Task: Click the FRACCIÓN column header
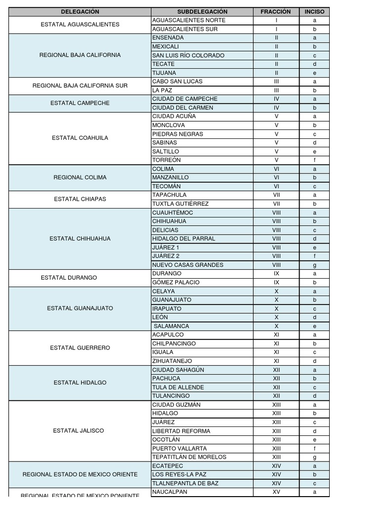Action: [x=276, y=11]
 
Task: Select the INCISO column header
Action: [x=314, y=11]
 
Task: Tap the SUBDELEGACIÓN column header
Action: [x=202, y=11]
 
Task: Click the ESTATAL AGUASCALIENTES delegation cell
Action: [x=80, y=24]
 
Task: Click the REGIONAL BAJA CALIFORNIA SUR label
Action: [x=80, y=85]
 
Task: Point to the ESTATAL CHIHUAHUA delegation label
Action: [x=80, y=239]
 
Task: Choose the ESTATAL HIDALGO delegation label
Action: [x=80, y=382]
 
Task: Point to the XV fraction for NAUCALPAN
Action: [x=276, y=492]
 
